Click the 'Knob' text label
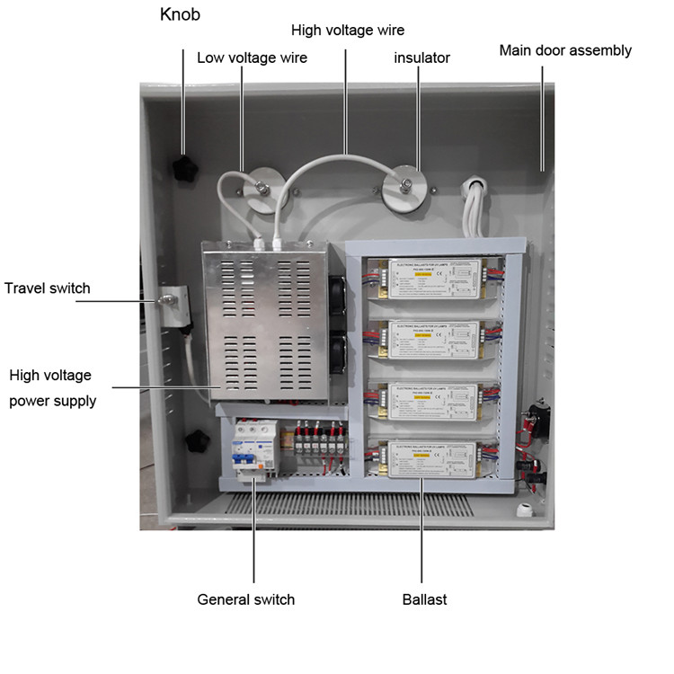pos(180,15)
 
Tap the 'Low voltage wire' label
pos(252,58)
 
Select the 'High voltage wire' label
pos(348,31)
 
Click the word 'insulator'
pos(422,58)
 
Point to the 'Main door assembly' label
pos(565,50)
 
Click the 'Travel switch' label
pos(48,288)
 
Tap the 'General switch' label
pos(246,599)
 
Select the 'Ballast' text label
pos(424,599)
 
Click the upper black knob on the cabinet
pos(186,166)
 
